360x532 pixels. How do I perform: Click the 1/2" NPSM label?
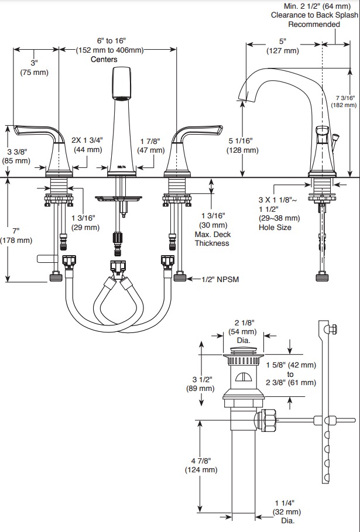(220, 279)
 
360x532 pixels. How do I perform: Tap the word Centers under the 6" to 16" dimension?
(104, 59)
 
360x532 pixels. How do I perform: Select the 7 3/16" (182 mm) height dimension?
(344, 101)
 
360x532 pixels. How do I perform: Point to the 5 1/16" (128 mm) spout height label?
(242, 145)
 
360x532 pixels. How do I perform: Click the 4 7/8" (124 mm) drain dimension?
(201, 465)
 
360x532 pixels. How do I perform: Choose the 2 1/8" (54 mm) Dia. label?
(242, 331)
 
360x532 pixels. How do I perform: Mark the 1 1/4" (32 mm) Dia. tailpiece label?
(287, 512)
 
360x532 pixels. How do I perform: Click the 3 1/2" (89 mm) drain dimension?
(201, 384)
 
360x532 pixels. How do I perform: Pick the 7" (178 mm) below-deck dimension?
(16, 235)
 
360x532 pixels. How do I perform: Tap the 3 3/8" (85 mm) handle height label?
(16, 156)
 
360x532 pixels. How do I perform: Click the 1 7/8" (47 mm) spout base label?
(150, 146)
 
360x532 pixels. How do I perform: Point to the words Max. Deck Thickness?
(212, 239)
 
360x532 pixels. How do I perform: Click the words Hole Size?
(275, 227)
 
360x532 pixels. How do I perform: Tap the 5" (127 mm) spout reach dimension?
(283, 46)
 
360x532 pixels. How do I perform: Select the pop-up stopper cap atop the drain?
(244, 351)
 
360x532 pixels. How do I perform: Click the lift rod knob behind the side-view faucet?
(336, 138)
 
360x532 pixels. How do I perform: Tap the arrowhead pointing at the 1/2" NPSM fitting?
(190, 279)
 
